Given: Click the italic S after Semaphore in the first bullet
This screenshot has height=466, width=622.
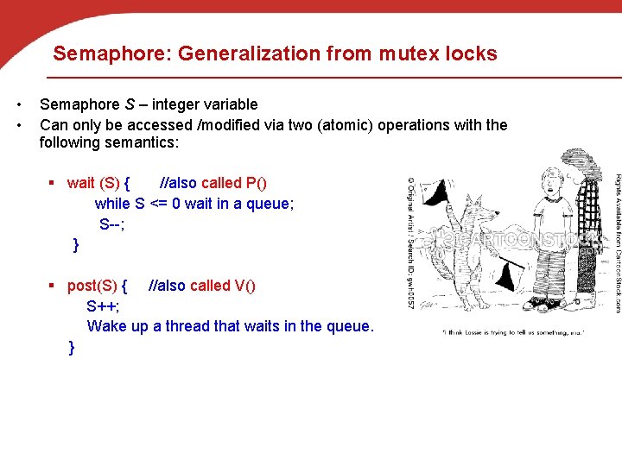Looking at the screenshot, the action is click(129, 104).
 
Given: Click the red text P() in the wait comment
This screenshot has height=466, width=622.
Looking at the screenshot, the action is click(257, 183).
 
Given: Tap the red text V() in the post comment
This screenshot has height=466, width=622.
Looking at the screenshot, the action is click(245, 286).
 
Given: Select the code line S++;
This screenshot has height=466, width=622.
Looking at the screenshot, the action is click(103, 306).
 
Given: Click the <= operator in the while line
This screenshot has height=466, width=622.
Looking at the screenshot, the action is click(159, 204).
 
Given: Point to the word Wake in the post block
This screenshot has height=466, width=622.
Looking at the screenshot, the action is click(106, 326).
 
